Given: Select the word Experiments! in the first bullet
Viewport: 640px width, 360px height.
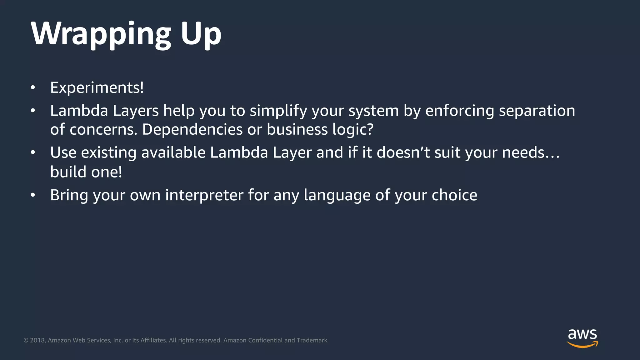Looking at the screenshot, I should point(97,87).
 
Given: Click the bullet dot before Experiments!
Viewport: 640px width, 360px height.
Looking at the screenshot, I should point(33,88).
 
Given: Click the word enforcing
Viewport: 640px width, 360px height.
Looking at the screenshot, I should point(459,111).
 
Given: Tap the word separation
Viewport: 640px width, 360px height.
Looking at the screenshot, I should point(537,111).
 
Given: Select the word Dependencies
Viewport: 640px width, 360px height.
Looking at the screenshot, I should point(192,129).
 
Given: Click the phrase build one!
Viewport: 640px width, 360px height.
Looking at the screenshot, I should point(86,172).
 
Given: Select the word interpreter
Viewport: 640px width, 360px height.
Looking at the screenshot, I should point(204,195).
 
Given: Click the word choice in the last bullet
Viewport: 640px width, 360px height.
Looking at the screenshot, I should point(454,195).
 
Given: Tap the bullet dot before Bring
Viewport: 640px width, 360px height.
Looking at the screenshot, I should point(33,195).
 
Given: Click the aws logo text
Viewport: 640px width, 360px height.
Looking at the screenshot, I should point(582,334).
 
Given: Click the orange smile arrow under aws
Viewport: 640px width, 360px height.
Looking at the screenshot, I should point(582,345).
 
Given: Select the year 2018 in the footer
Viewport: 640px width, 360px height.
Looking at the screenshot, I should point(37,340).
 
